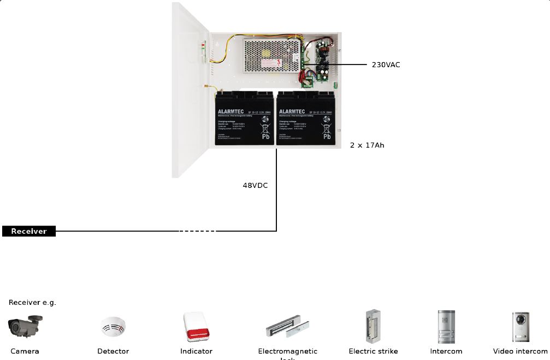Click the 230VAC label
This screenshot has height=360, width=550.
point(386,65)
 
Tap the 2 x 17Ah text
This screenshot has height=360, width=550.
point(367,145)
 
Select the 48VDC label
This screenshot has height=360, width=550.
point(255,186)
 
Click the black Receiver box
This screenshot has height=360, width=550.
point(29,231)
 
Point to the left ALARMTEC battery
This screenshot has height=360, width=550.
point(244,119)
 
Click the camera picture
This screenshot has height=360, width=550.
point(25,326)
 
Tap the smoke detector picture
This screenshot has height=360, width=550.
point(113,327)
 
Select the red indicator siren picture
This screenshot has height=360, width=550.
point(196,327)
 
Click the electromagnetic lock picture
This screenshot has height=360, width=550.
point(287,327)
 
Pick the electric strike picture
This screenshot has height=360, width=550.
point(373,326)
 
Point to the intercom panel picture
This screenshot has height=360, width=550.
point(446,327)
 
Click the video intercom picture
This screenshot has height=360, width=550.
point(520,327)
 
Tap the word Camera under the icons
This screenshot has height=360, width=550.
point(25,351)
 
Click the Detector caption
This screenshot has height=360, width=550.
point(113,351)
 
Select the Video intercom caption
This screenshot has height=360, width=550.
point(520,351)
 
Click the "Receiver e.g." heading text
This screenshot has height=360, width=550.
point(32,302)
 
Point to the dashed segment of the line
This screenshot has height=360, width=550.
point(198,231)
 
